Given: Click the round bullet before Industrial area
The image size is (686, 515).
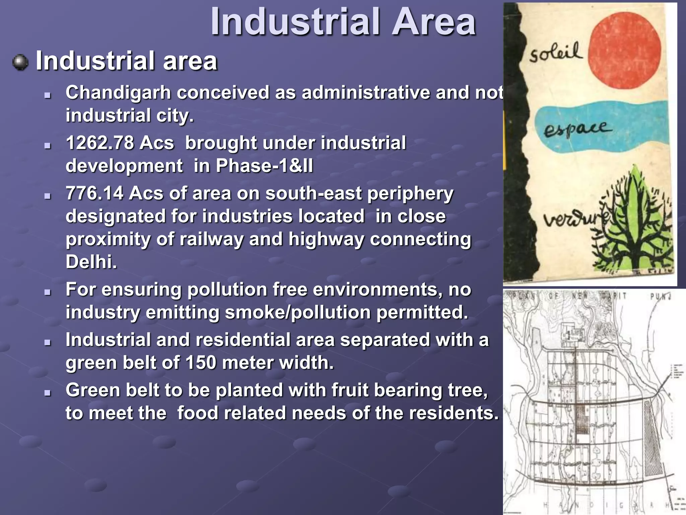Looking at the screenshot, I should pos(20,62).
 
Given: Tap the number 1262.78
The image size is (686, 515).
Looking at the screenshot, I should pos(99,143).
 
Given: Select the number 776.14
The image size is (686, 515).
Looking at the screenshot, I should pos(94,193).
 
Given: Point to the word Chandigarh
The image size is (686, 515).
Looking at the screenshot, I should pos(118,93).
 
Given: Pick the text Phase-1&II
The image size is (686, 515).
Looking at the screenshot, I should pos(264,166).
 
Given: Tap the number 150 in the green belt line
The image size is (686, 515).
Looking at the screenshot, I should pos(200,363).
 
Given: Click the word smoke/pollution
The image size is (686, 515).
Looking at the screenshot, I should pos(298,312).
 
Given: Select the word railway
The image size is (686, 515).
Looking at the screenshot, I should pos(211,239).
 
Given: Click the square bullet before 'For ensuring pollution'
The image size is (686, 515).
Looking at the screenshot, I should pos(48,292).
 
